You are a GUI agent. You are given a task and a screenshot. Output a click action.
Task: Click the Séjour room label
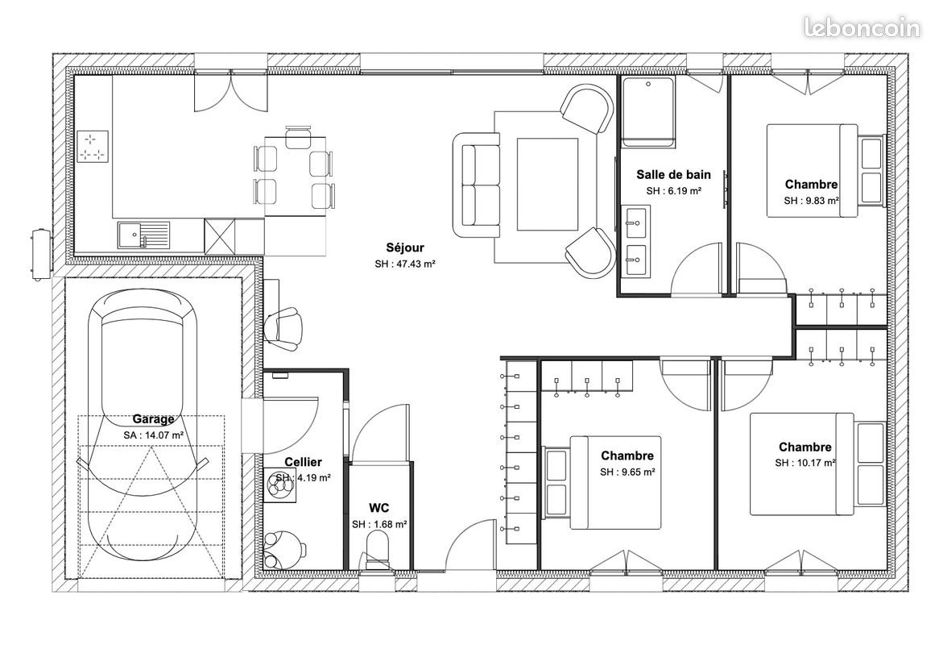point(404,248)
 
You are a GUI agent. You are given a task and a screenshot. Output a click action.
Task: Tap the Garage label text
point(153,419)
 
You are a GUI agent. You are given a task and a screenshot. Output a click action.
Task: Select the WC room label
point(379,508)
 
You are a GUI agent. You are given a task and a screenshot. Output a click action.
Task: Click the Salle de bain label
point(673,174)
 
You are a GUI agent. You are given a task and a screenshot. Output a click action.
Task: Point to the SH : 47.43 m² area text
point(404,264)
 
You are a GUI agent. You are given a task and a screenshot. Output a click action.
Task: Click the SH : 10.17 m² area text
point(805,463)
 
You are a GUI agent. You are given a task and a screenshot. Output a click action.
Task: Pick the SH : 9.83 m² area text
point(811,201)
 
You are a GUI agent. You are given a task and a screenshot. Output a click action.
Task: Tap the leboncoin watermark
point(862,28)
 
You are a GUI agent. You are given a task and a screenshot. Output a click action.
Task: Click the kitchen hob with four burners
point(93,146)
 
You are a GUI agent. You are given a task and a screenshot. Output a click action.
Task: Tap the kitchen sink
point(143,234)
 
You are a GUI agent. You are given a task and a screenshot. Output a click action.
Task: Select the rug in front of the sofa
point(547,185)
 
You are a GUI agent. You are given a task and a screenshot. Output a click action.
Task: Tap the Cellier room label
point(303,462)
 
